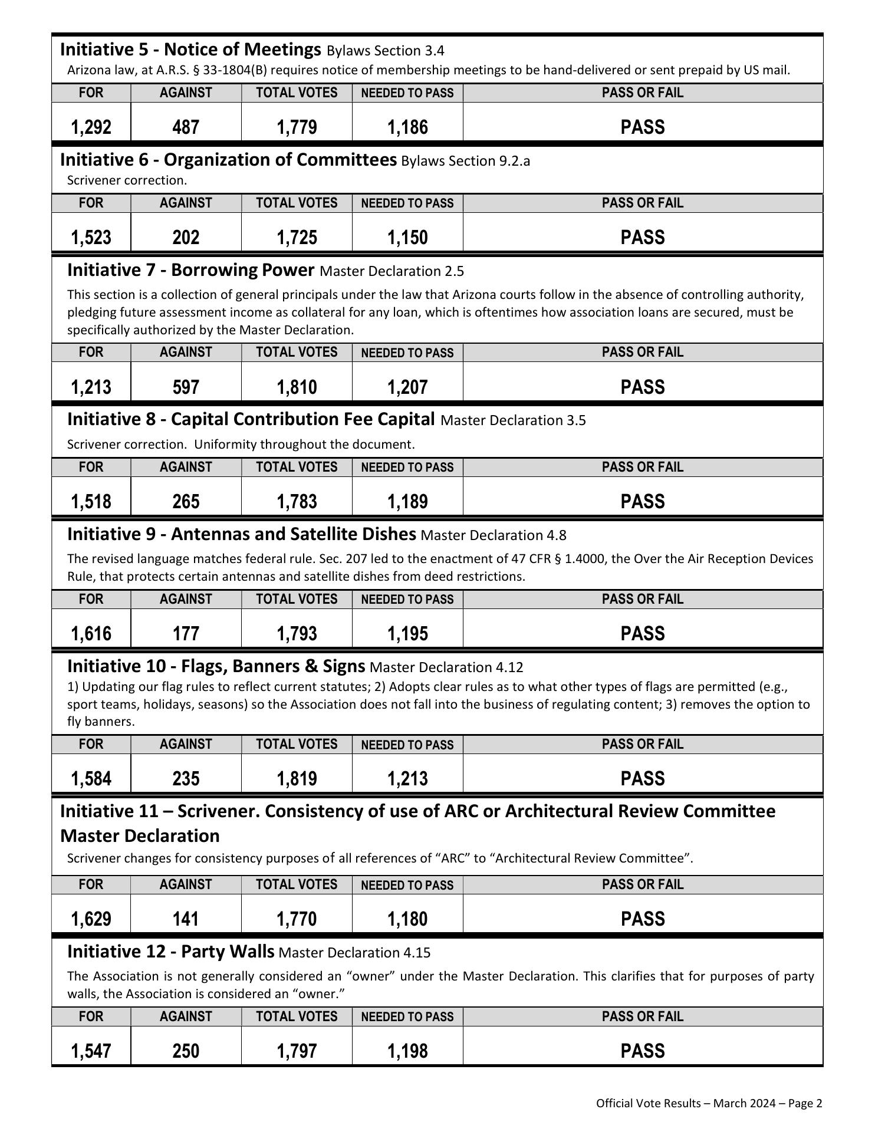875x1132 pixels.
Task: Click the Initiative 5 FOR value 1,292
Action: (91, 127)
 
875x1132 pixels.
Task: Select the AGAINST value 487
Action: (186, 127)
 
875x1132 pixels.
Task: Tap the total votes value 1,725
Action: (297, 238)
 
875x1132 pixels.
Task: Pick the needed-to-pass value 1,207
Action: (407, 387)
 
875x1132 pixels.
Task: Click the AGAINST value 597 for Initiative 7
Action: (186, 387)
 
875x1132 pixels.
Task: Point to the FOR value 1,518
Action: (91, 502)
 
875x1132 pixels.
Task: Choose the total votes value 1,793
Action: (297, 634)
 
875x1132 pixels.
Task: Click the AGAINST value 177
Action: (186, 634)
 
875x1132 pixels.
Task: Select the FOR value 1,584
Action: (91, 779)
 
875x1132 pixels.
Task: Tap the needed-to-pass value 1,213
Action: (407, 779)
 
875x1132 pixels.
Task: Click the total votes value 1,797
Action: (297, 1051)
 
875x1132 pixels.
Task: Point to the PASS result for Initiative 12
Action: (642, 1051)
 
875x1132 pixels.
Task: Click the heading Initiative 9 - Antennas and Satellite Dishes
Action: (242, 534)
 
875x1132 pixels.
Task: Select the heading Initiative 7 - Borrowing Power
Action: (190, 270)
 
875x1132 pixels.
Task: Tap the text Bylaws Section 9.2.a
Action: (465, 161)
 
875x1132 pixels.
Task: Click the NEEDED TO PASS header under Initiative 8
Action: (407, 468)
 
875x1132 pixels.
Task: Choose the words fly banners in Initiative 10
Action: (101, 722)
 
